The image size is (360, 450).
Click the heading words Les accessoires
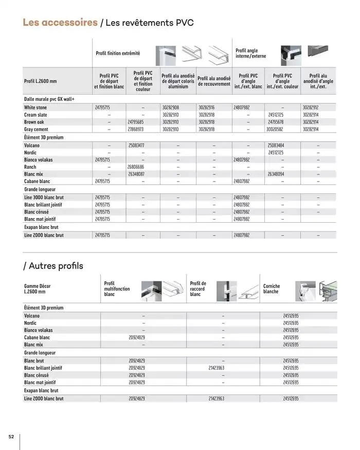tap(60, 23)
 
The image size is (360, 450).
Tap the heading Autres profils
tap(53, 266)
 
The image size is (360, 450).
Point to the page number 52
tap(11, 437)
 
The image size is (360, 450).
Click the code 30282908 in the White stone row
tap(170, 107)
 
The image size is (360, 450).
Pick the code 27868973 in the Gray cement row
tap(135, 130)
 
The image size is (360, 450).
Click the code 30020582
tap(276, 130)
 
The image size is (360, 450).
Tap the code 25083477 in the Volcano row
tap(135, 146)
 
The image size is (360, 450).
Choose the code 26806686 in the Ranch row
tap(135, 167)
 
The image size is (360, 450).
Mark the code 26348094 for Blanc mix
tap(276, 174)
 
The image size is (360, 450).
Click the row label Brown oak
tap(34, 122)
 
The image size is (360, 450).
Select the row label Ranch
tap(30, 167)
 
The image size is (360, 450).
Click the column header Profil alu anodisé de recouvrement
tap(214, 81)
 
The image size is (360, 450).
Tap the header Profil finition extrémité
tap(118, 53)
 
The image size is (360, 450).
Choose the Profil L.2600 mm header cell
tap(41, 81)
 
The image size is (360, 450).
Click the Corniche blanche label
tap(272, 289)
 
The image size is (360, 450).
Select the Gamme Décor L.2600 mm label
tap(37, 289)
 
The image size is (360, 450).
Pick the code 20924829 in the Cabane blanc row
tap(136, 337)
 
